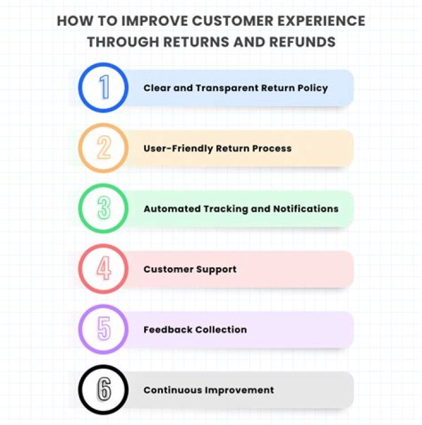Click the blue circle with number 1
(x=104, y=88)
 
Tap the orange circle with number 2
(x=104, y=148)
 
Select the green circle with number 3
(x=104, y=209)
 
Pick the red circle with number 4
(x=104, y=269)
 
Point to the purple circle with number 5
(x=104, y=329)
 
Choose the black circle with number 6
(x=104, y=390)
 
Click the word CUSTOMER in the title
(x=232, y=21)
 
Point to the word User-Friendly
(x=178, y=148)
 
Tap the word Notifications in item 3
(x=306, y=209)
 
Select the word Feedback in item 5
(x=167, y=329)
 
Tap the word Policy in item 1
(x=311, y=88)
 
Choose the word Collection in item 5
(x=220, y=329)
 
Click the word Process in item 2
(x=271, y=148)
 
